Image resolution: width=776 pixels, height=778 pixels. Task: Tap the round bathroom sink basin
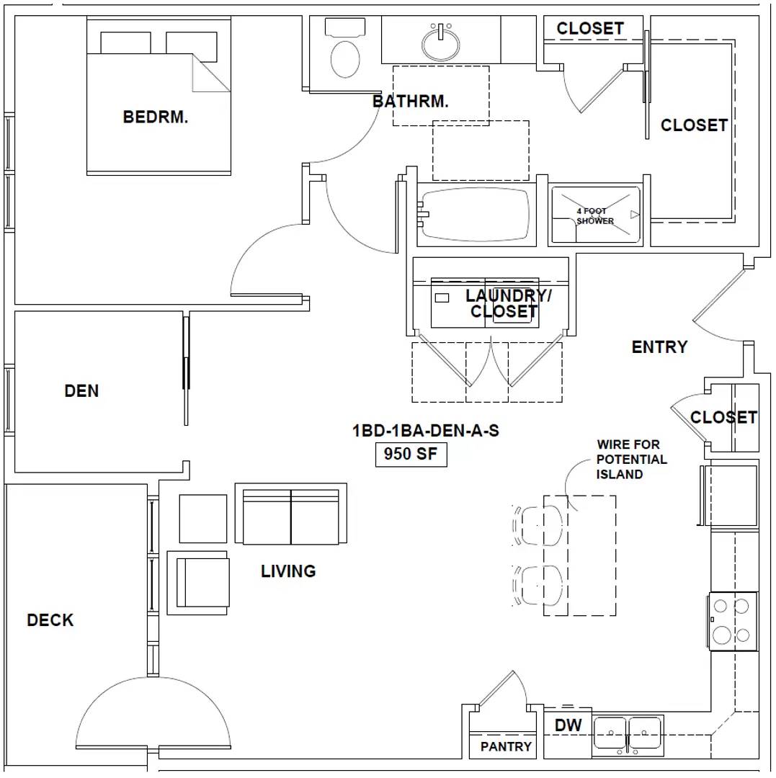coord(440,44)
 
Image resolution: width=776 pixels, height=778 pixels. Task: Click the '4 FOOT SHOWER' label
coord(594,216)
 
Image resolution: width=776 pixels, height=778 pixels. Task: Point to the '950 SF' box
coord(411,454)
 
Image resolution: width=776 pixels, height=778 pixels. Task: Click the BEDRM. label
coord(156,117)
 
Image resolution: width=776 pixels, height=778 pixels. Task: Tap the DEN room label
coord(81,391)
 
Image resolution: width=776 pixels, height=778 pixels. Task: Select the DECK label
coord(50,620)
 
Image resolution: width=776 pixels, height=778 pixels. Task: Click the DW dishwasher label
coord(568,725)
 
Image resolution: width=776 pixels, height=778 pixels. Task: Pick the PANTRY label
coord(506,746)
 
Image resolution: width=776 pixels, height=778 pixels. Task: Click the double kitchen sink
coord(628,733)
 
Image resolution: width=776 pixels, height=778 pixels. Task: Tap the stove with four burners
coord(733,621)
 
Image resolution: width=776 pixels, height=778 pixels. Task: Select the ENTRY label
coord(659,346)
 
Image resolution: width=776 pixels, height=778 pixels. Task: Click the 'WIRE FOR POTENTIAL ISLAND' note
coord(631,460)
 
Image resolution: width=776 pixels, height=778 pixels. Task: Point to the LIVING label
coord(288,571)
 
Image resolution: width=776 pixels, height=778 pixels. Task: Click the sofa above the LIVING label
coord(291,514)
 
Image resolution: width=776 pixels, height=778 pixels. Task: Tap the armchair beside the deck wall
coord(198,583)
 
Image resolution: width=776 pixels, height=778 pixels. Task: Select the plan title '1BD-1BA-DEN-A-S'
coord(426,431)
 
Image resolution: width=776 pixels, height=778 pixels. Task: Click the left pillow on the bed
coord(125,43)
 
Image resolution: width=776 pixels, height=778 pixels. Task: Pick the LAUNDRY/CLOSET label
coord(507,304)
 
